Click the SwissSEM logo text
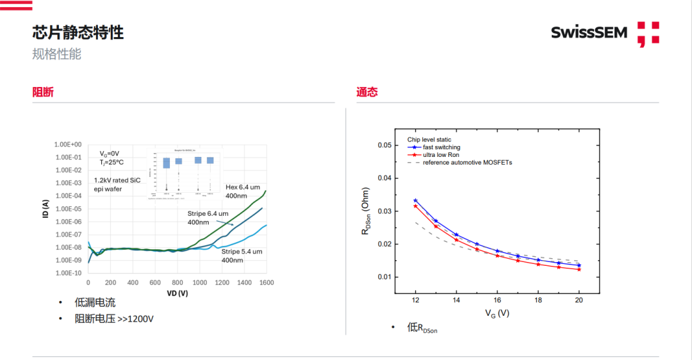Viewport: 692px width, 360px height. (589, 32)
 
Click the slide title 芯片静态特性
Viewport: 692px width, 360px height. (78, 32)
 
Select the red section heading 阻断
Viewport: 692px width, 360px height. (43, 92)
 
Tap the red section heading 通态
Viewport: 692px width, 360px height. (367, 92)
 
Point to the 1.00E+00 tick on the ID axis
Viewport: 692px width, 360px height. (68, 145)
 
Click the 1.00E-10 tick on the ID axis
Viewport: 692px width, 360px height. (68, 273)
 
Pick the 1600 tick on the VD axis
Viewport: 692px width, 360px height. (267, 282)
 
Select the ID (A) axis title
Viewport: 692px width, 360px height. (45, 209)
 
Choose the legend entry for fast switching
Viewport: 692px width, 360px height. (441, 147)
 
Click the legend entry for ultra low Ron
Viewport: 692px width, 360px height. (441, 155)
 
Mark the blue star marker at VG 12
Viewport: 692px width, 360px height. (415, 200)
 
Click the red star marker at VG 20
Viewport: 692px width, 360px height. (579, 269)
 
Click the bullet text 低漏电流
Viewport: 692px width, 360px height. (95, 302)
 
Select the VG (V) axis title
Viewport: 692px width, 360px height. (497, 313)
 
